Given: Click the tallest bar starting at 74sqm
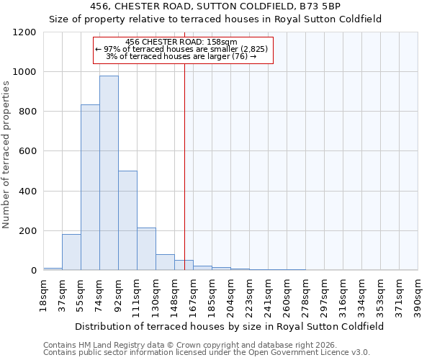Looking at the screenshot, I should tap(109, 173).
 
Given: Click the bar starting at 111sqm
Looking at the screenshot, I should tap(146, 249).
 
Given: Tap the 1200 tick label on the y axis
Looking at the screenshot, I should tap(24, 32).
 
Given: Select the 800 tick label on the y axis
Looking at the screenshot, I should tap(27, 112).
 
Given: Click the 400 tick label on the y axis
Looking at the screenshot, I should tap(27, 192).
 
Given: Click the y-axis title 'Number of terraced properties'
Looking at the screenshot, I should tap(6, 155).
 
